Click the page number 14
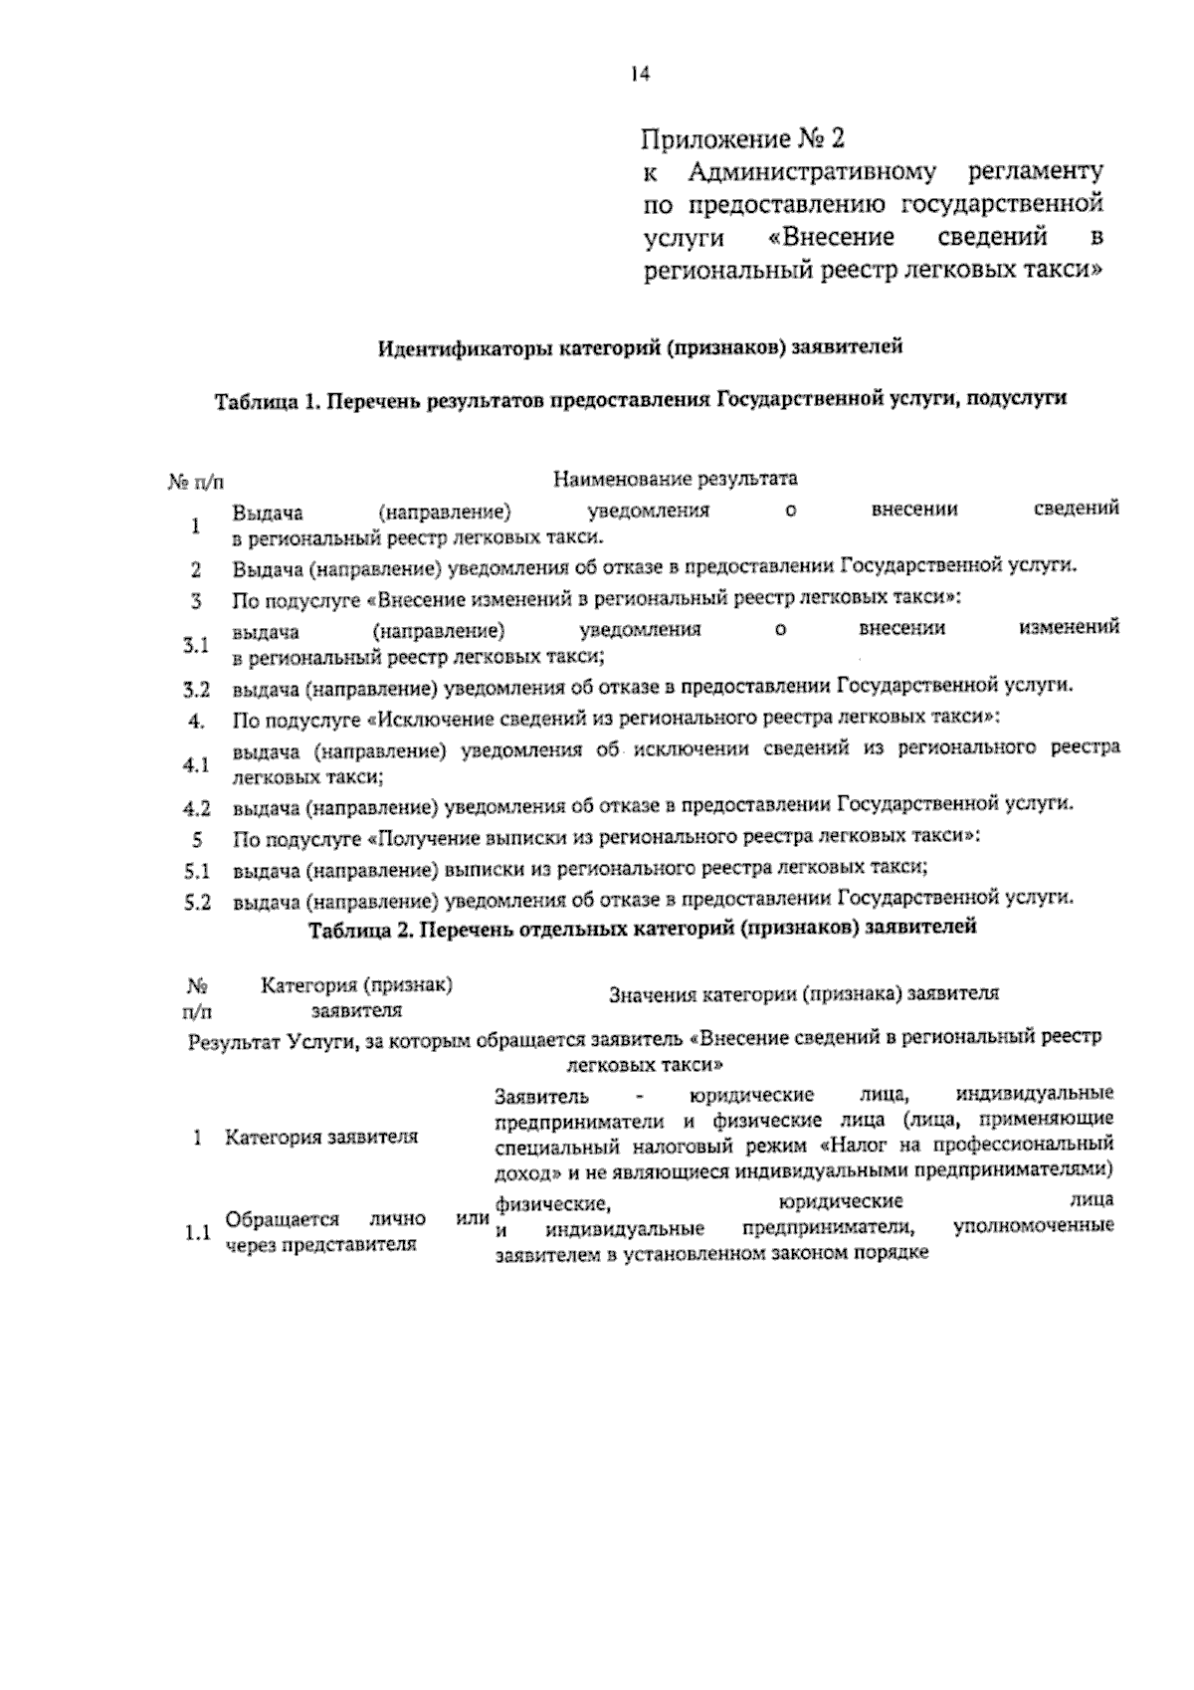point(639,74)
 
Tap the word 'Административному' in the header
point(812,171)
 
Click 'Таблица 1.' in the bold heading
point(266,400)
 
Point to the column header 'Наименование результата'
point(676,479)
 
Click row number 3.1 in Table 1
point(196,644)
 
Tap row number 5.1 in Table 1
point(196,872)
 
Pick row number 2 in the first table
point(196,570)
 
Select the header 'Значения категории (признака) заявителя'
point(803,993)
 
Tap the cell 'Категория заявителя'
point(320,1137)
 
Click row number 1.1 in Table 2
point(196,1232)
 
